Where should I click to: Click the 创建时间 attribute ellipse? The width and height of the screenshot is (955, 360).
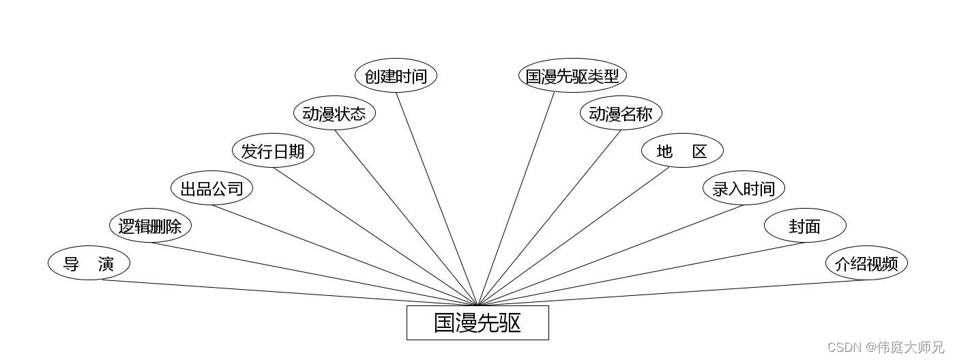(396, 76)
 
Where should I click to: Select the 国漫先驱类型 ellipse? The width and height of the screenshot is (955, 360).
(572, 76)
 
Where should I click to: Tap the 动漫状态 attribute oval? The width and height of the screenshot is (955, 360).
(334, 113)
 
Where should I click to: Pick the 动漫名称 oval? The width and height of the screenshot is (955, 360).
(621, 113)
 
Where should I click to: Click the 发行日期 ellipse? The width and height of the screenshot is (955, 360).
(273, 151)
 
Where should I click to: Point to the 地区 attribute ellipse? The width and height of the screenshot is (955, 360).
(682, 151)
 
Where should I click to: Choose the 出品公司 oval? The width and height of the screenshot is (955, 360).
(211, 188)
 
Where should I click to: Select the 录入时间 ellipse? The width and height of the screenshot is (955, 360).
(744, 188)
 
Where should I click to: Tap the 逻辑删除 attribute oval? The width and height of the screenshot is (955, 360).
(150, 226)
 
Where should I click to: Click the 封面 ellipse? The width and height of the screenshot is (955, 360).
(805, 226)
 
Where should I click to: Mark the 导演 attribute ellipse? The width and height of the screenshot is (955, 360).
(89, 263)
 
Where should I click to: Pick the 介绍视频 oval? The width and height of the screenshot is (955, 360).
(866, 263)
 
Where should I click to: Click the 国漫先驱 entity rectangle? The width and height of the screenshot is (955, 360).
(477, 322)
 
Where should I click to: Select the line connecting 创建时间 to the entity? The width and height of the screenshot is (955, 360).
(437, 198)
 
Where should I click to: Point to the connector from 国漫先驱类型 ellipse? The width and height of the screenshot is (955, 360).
(516, 198)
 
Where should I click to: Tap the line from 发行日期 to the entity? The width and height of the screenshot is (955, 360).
(375, 236)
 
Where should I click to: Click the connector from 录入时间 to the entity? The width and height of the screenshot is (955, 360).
(611, 255)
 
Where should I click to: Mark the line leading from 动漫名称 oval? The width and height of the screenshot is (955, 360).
(549, 217)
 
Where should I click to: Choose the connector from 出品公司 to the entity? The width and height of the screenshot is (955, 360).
(344, 255)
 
